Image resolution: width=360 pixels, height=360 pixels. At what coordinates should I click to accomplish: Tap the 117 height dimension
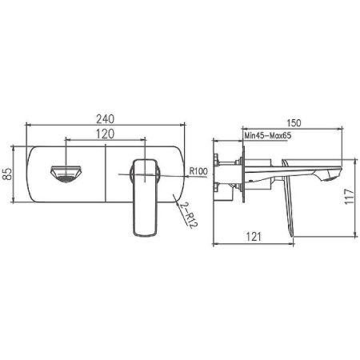[349, 197]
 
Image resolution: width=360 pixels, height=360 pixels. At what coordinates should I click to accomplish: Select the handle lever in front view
[144, 196]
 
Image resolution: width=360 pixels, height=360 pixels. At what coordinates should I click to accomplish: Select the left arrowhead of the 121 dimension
[219, 249]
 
